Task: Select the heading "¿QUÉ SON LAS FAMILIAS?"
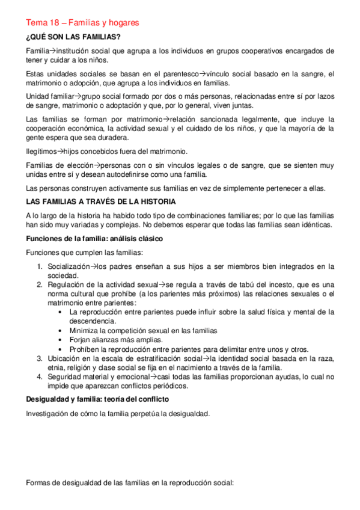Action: coord(73,37)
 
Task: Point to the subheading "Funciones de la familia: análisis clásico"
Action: coord(95,239)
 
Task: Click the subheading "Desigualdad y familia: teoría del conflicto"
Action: coord(97,399)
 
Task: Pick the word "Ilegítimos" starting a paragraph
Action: coord(41,151)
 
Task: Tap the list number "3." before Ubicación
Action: coord(39,359)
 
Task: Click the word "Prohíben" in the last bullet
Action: coord(85,349)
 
